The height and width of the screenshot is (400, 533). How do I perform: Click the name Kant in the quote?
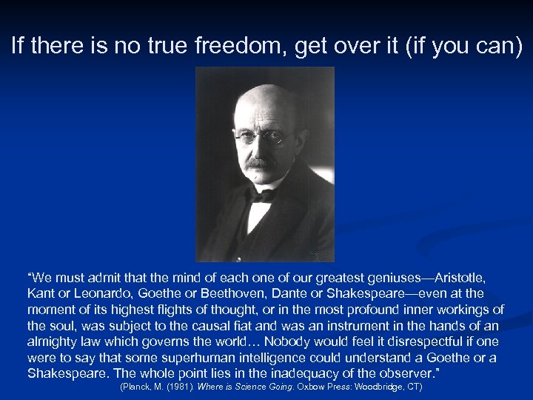tap(41, 293)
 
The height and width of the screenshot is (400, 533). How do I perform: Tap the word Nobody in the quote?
tap(281, 341)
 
